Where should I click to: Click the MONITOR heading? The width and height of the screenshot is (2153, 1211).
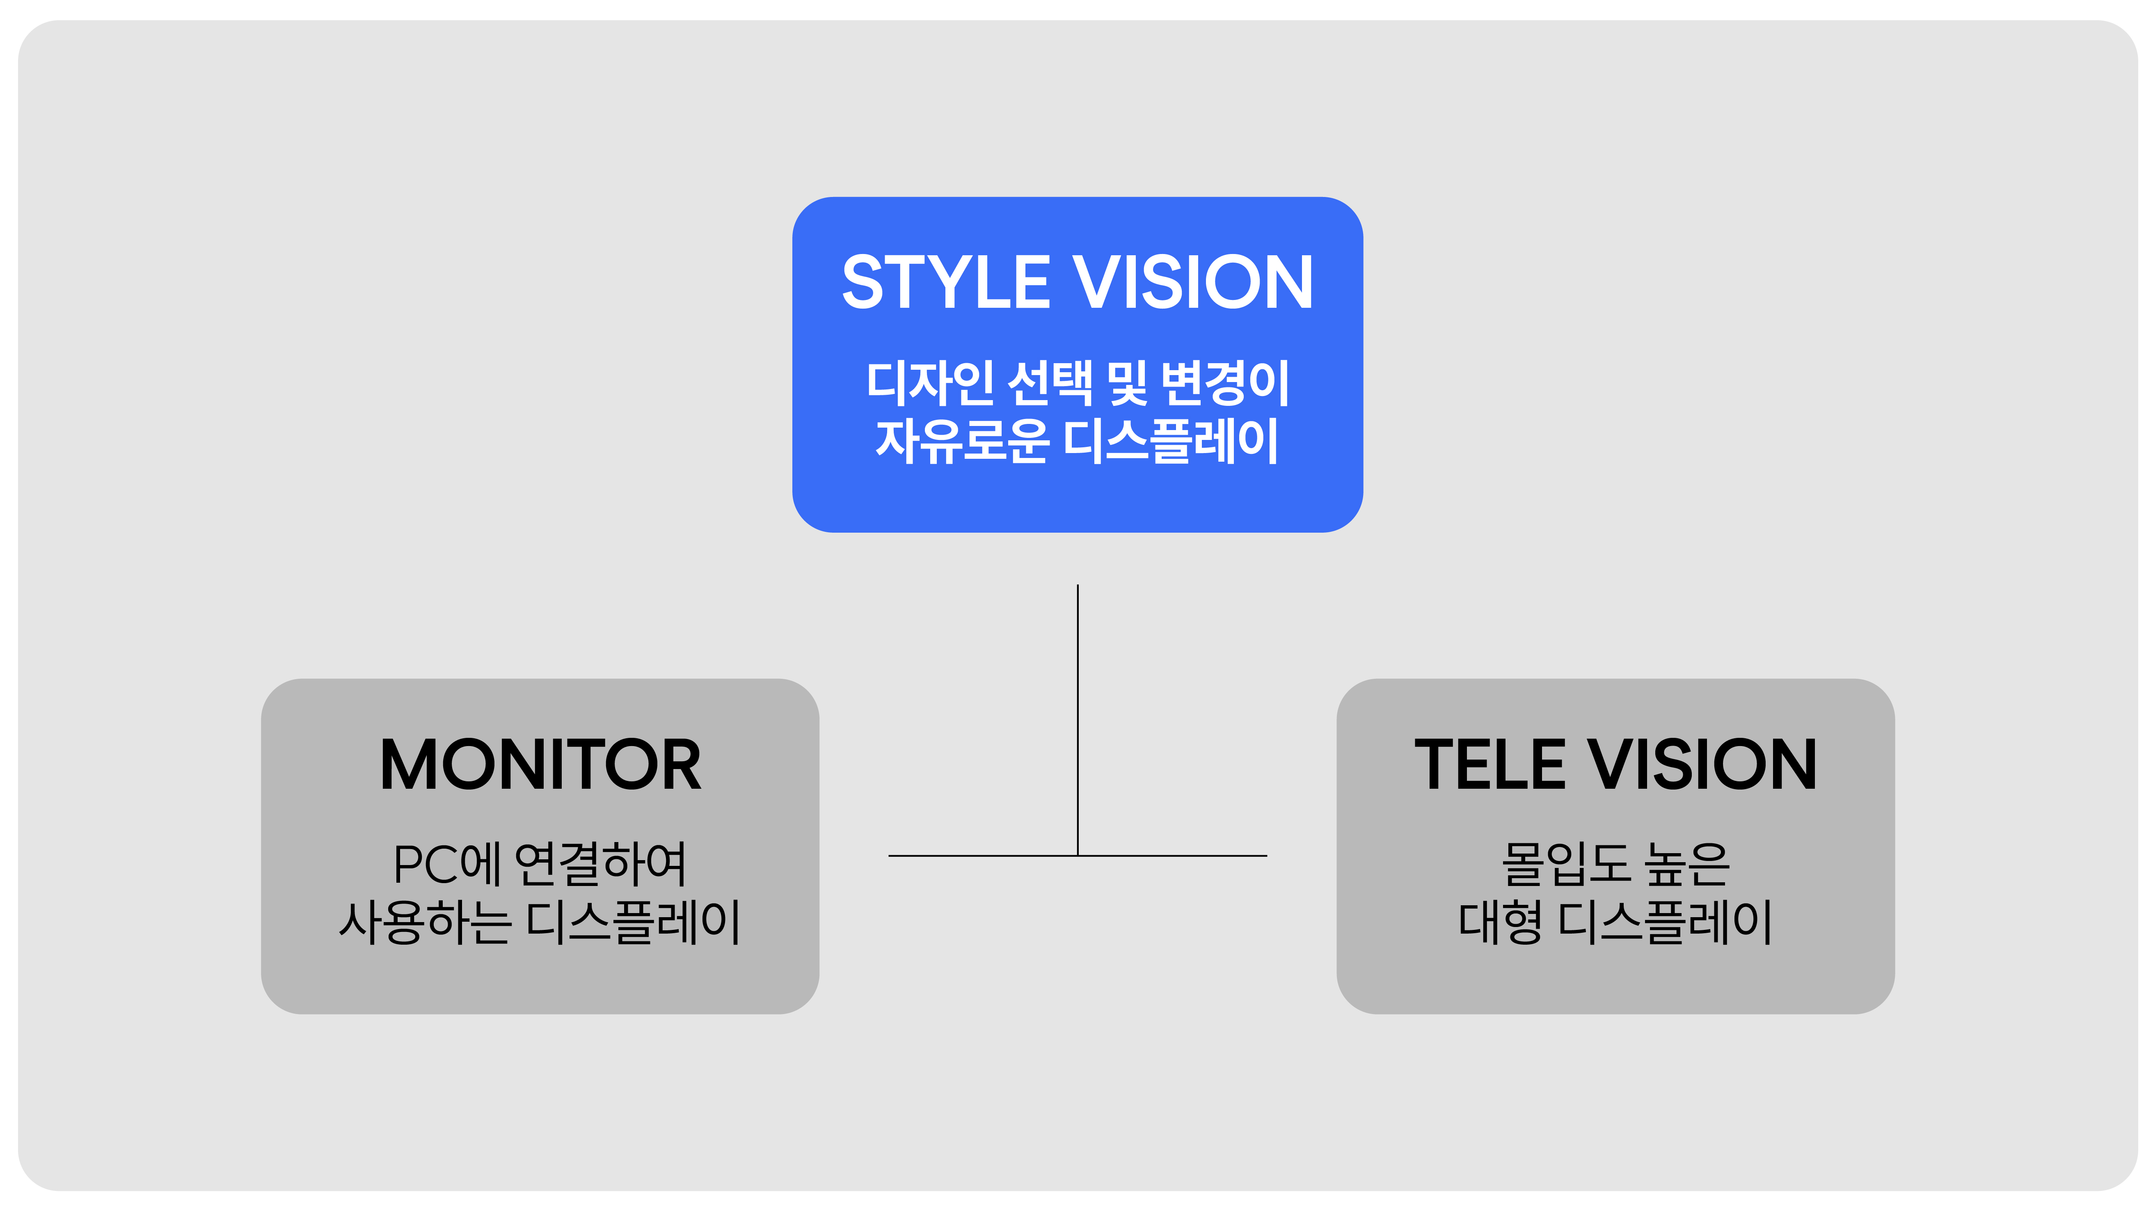[x=540, y=765]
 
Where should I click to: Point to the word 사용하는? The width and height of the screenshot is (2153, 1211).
[x=425, y=922]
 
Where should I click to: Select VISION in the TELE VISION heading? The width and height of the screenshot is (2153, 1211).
[x=1702, y=765]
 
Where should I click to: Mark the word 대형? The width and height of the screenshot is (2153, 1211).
[x=1499, y=922]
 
